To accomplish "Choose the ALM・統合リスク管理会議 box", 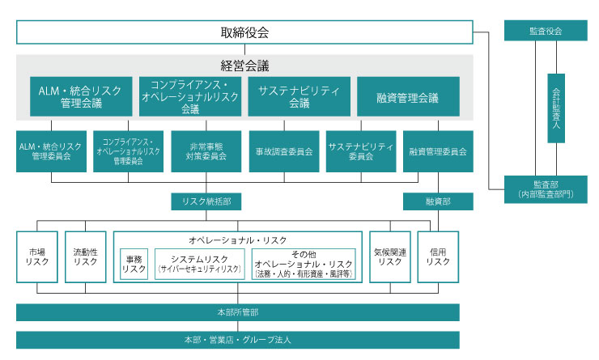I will [x=81, y=97].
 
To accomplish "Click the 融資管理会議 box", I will [x=408, y=97].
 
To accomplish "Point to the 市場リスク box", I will [x=36, y=256].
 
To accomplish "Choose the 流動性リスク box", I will [x=85, y=256].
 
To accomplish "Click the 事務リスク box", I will [x=134, y=263].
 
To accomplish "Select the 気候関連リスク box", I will [x=390, y=256].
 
